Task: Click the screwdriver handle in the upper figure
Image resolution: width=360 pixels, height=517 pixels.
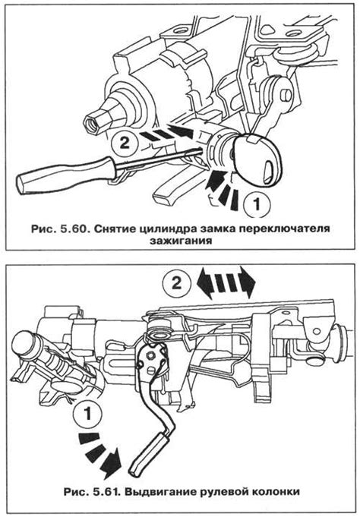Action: pos(66,175)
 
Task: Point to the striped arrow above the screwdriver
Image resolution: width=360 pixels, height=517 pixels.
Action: pos(165,132)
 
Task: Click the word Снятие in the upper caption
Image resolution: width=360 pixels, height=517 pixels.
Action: pos(114,229)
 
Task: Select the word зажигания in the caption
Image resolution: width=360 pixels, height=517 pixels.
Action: pos(181,241)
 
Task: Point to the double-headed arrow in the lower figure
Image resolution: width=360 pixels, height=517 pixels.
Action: pos(226,282)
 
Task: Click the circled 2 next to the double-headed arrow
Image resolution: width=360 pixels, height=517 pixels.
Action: pos(176,283)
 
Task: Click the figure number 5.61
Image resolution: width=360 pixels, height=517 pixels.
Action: pos(107,492)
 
